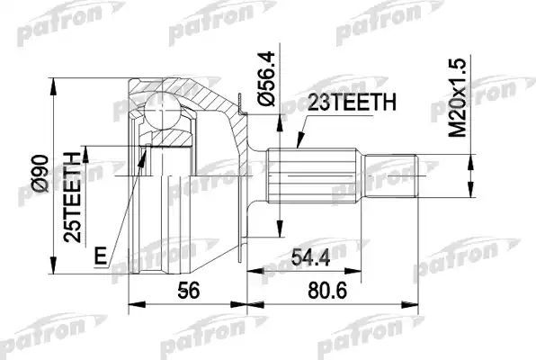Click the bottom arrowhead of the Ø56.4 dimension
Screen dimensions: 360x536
tap(281, 232)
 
